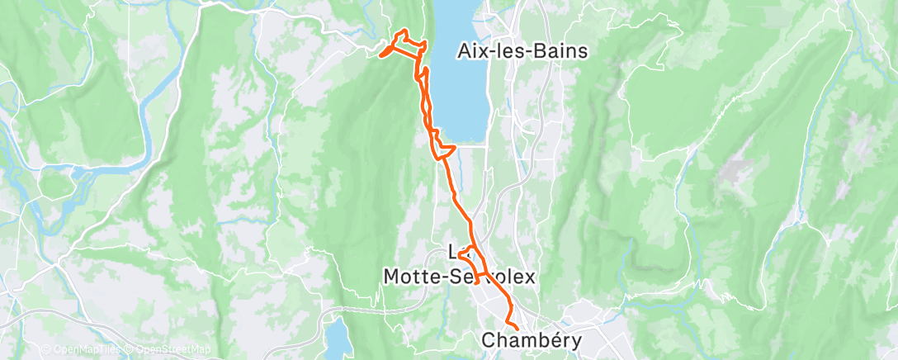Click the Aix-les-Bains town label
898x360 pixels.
(x=522, y=51)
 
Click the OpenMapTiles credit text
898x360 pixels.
(x=85, y=350)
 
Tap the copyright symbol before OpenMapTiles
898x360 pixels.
(x=45, y=350)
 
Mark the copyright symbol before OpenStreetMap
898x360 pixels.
(x=129, y=350)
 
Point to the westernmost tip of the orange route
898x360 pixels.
(x=380, y=55)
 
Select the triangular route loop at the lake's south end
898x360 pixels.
(x=444, y=149)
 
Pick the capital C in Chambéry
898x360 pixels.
(x=488, y=339)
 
